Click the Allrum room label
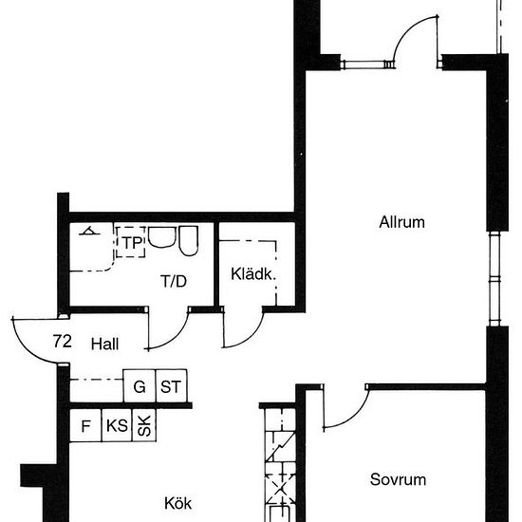coord(401,224)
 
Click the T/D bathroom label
coord(174,281)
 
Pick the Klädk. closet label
coord(252,275)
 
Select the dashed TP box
coord(130,243)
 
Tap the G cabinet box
coord(140,387)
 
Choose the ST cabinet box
coord(171,387)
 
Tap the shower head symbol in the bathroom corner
coord(89,231)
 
